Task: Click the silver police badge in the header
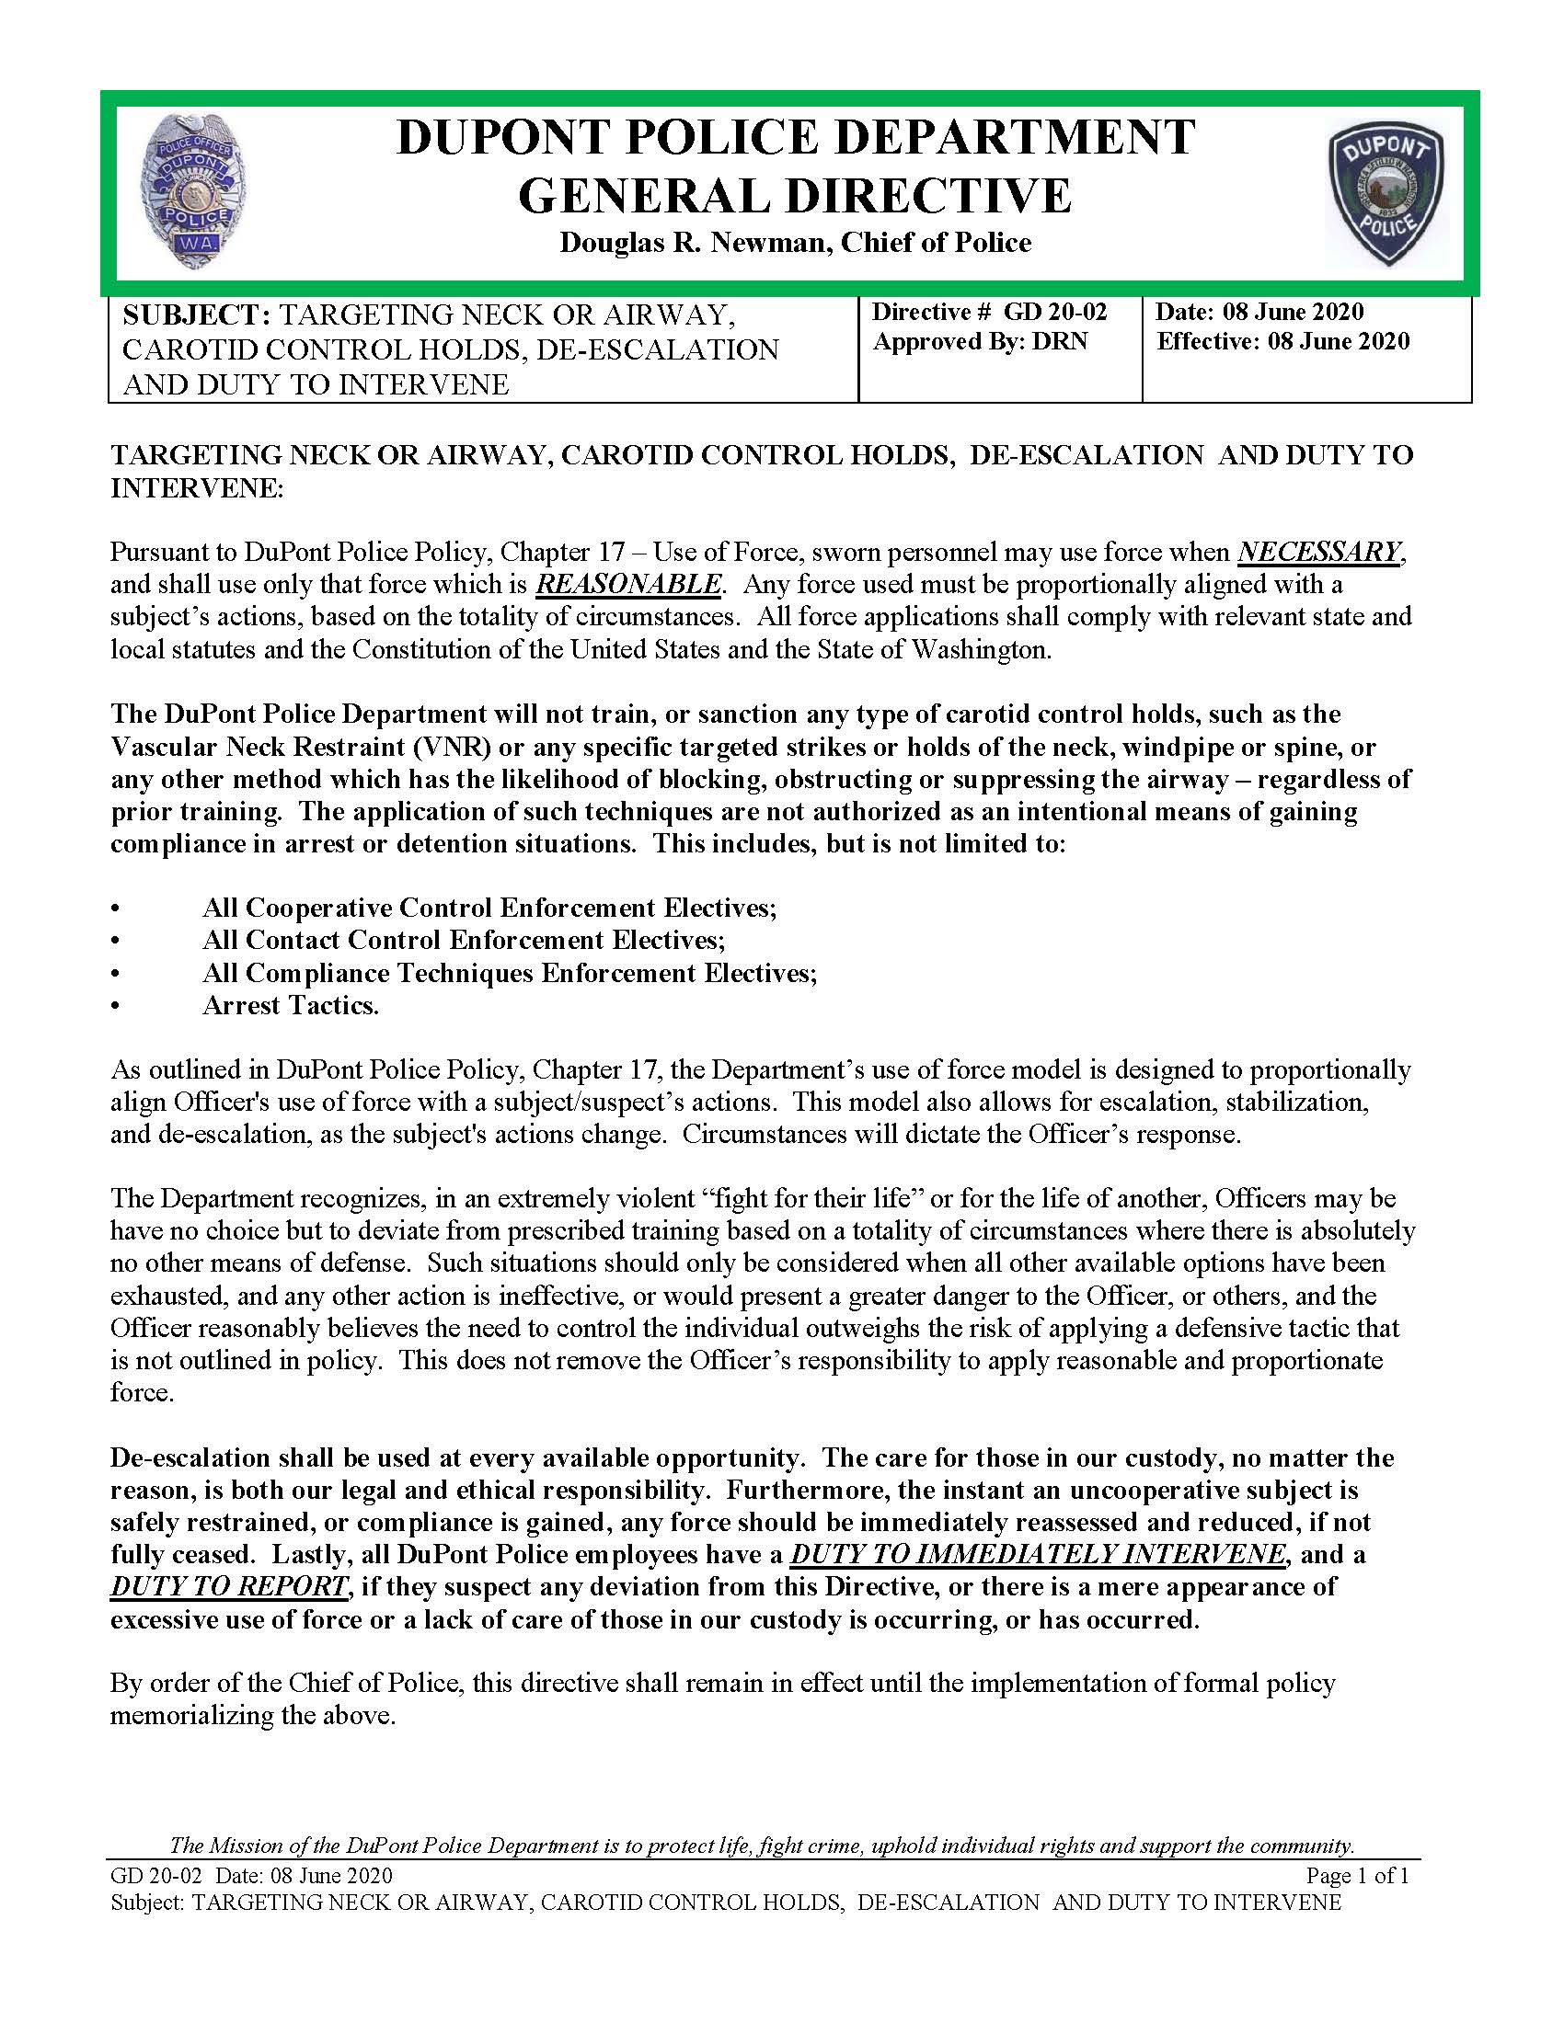[x=195, y=193]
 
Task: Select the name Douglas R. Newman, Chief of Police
[x=794, y=243]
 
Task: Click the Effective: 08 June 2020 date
[x=1283, y=342]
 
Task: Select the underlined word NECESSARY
[x=1319, y=552]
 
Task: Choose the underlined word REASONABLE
[x=628, y=585]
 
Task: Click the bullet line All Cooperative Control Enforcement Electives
[x=489, y=907]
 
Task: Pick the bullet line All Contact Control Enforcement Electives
[x=464, y=940]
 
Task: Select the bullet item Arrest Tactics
[x=291, y=1006]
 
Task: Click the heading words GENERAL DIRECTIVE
[x=794, y=196]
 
